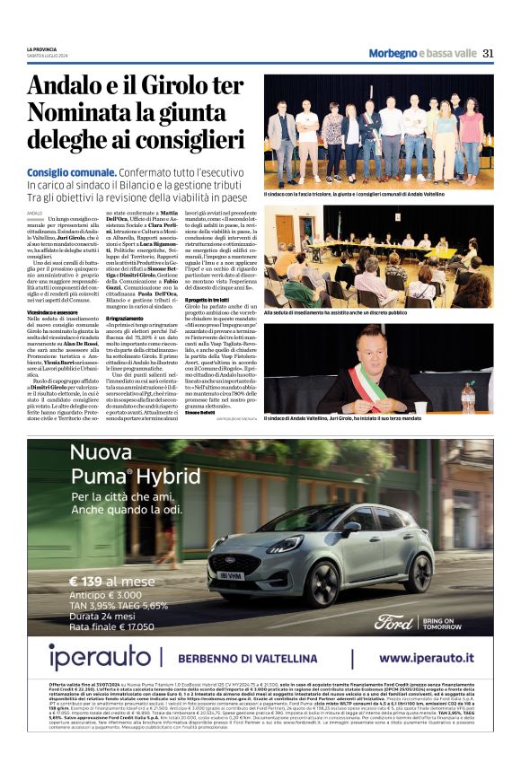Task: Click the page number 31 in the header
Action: (488, 53)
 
